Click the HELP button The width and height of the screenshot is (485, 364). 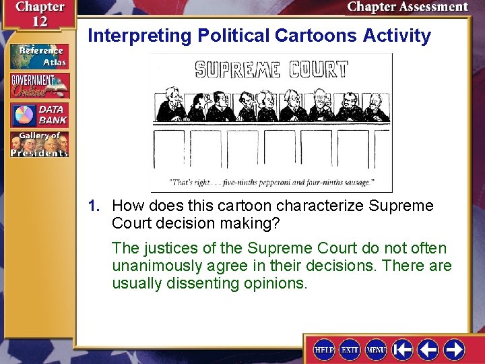point(325,349)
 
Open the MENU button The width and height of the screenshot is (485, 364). point(376,349)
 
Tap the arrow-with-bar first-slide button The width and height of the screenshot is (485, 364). point(403,349)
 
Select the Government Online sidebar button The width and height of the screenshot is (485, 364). point(39,86)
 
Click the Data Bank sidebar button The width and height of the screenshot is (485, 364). point(39,115)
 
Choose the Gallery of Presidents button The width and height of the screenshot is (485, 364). point(39,144)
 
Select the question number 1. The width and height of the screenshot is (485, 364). point(94,206)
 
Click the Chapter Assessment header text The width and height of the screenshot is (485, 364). point(407,7)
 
